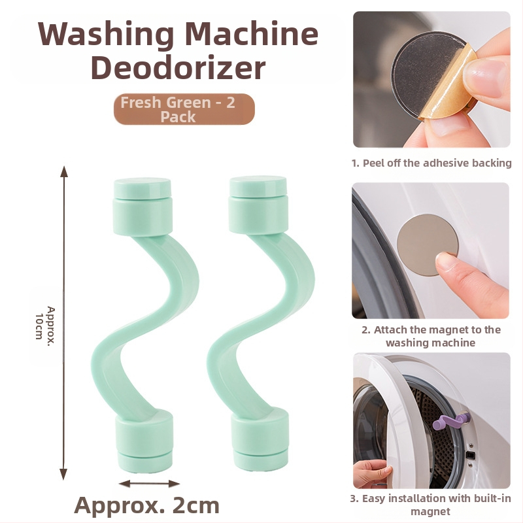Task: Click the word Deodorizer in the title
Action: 178,68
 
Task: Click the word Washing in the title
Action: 106,35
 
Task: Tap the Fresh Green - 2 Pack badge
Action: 184,109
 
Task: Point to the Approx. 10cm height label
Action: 44,323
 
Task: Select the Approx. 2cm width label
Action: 146,505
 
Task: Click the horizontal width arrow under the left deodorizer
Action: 150,483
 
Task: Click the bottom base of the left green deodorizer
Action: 144,440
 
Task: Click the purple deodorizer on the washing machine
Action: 451,421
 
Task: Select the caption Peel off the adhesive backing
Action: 431,163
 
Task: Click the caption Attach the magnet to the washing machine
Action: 431,336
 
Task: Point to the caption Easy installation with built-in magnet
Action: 430,505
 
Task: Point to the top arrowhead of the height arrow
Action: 63,171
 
